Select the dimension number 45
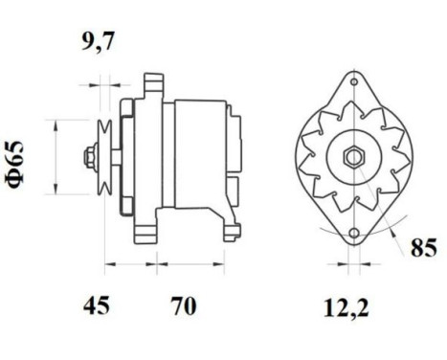(96, 305)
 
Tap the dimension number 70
(183, 305)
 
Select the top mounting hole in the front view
(352, 84)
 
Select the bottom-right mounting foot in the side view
(231, 228)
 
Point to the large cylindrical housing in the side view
(199, 153)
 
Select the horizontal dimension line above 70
(184, 260)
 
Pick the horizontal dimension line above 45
(123, 260)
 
